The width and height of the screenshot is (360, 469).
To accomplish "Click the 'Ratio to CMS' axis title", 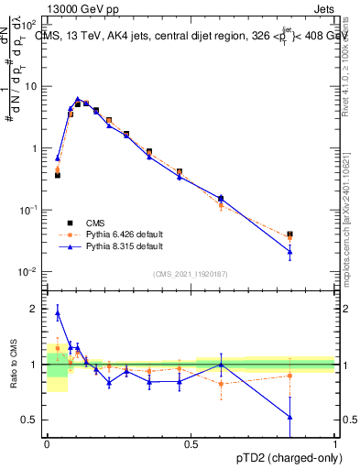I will [x=12, y=364].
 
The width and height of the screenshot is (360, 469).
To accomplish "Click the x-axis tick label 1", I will [x=335, y=442].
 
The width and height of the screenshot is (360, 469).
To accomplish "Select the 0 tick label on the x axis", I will [x=47, y=442].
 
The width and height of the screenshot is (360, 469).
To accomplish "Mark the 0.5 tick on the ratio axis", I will [x=31, y=420].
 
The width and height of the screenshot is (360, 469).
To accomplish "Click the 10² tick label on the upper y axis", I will [x=30, y=24].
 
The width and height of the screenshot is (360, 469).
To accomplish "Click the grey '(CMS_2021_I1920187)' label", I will [x=191, y=273].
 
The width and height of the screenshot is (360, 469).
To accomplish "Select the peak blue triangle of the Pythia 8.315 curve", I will [x=78, y=99].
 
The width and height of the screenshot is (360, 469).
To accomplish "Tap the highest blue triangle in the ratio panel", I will [x=58, y=313].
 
